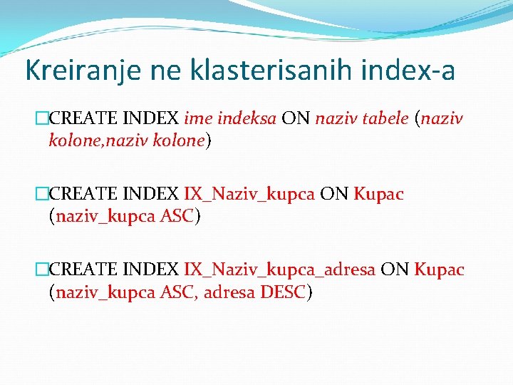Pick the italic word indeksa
point(248,118)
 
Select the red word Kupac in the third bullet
point(439,270)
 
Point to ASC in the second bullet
point(177,216)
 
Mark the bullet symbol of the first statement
point(41,118)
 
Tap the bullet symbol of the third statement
point(41,270)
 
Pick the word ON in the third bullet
point(394,270)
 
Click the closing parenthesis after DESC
point(309,292)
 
